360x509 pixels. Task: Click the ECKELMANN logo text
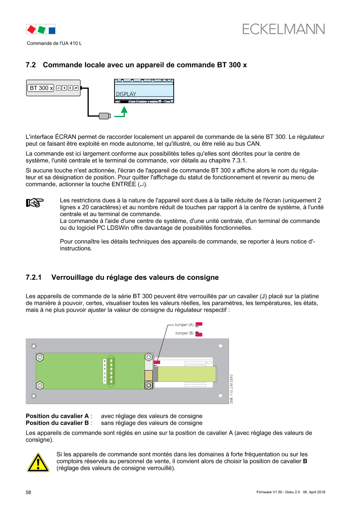pos(284,29)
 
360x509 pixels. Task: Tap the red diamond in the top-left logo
pos(31,29)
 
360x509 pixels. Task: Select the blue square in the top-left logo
pos(52,30)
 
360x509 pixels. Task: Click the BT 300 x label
pos(40,88)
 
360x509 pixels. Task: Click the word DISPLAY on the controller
pos(126,94)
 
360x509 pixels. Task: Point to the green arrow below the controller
pos(124,112)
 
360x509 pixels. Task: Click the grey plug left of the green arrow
pos(104,116)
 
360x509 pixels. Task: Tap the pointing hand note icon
pos(35,202)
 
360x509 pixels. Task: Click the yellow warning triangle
pos(38,462)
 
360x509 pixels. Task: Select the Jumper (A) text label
pos(184,325)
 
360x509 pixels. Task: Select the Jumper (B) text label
pos(184,333)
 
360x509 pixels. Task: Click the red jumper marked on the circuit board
pos(157,362)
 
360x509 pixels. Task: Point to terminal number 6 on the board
pos(104,361)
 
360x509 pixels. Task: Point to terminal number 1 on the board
pos(104,381)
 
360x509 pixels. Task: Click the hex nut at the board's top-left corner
pos(40,357)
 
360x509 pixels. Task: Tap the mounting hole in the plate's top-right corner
pos(221,346)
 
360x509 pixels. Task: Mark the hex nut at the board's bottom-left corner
pos(40,385)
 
